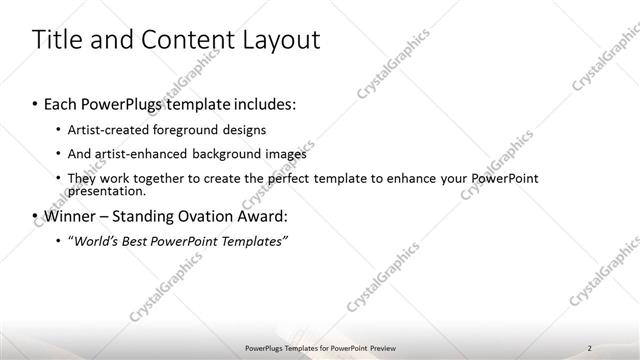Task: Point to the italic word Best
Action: [x=144, y=240]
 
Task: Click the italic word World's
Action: [x=100, y=240]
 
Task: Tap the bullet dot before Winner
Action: [x=35, y=216]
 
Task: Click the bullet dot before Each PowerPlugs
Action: [x=35, y=105]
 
